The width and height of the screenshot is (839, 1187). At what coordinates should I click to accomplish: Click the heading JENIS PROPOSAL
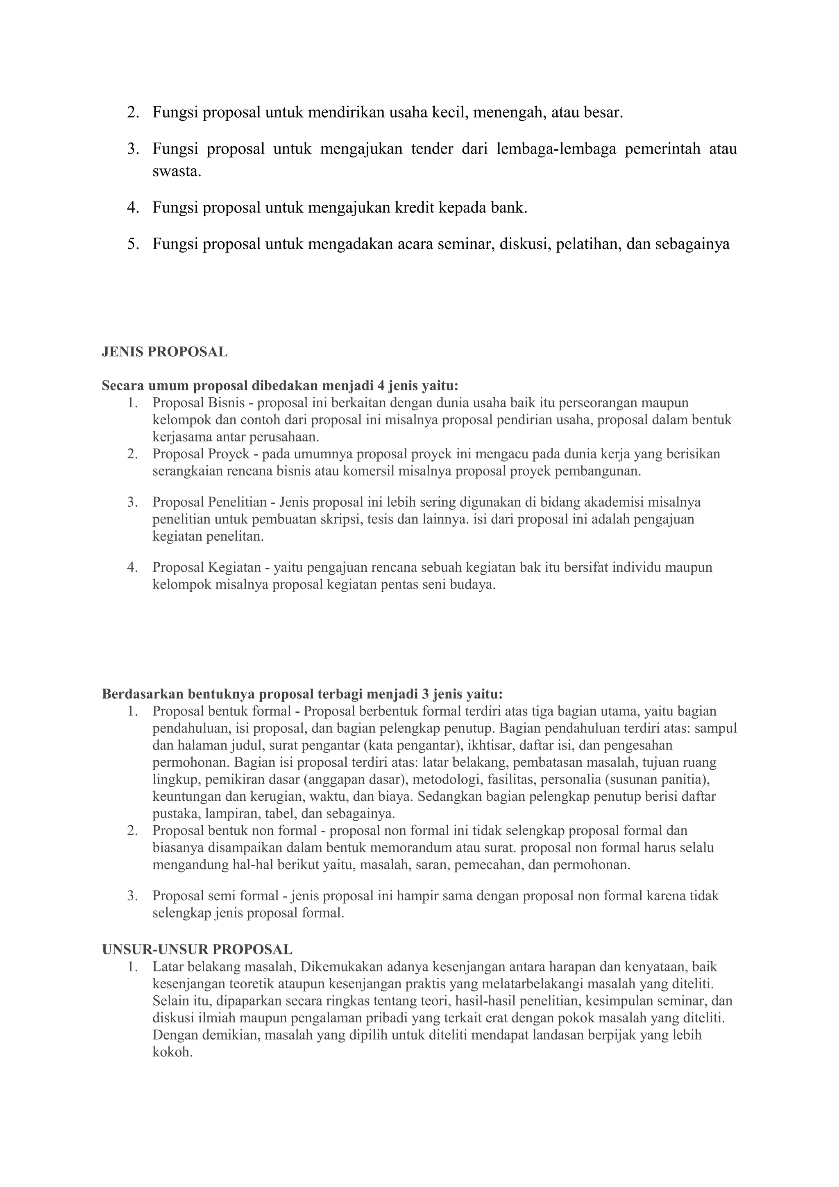(164, 352)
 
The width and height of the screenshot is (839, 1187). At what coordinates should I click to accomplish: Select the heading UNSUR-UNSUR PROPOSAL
(197, 949)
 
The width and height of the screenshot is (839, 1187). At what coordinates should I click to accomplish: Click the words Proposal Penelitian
(209, 502)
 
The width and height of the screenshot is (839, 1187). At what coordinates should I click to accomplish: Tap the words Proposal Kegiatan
(207, 567)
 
